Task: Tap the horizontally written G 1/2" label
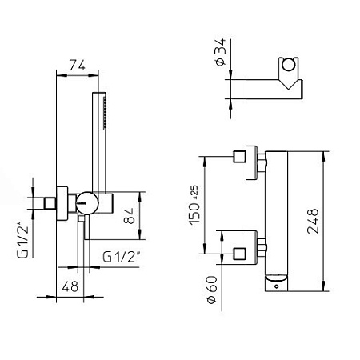pyautogui.click(x=122, y=257)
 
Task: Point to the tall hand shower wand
pyautogui.click(x=103, y=144)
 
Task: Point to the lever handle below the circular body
pyautogui.click(x=82, y=232)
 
